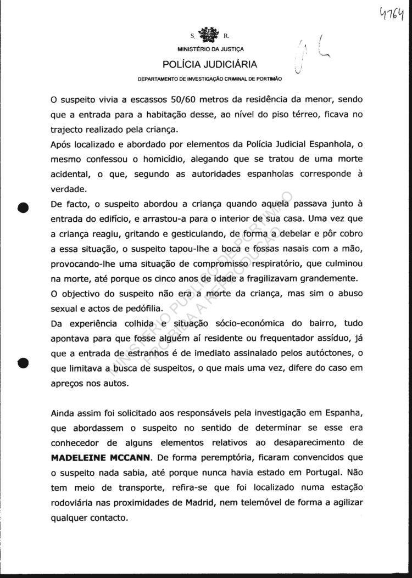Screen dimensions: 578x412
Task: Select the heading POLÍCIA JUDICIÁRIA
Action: tap(210, 65)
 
